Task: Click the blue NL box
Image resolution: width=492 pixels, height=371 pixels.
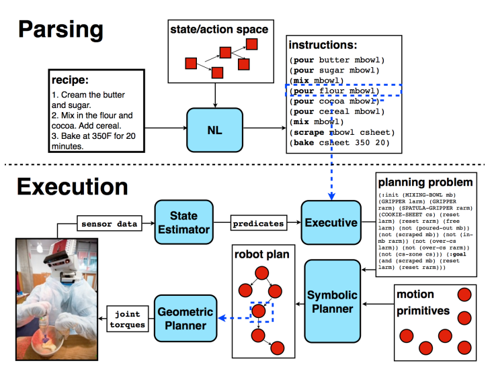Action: tap(214, 129)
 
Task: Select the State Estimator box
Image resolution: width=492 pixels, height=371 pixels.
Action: tap(184, 222)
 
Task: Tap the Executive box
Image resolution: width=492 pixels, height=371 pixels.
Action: tap(331, 223)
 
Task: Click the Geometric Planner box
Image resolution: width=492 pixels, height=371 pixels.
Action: tap(186, 319)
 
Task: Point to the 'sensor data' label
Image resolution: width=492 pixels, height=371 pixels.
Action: tap(109, 223)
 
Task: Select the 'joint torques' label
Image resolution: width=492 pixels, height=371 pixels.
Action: tap(128, 319)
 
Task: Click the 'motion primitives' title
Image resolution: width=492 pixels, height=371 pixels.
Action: tap(423, 301)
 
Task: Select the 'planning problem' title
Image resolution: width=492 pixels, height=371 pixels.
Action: tap(425, 182)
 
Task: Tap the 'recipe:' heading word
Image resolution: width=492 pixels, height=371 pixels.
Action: tap(71, 81)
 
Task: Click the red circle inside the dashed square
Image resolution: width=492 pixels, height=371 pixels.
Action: tap(259, 311)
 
